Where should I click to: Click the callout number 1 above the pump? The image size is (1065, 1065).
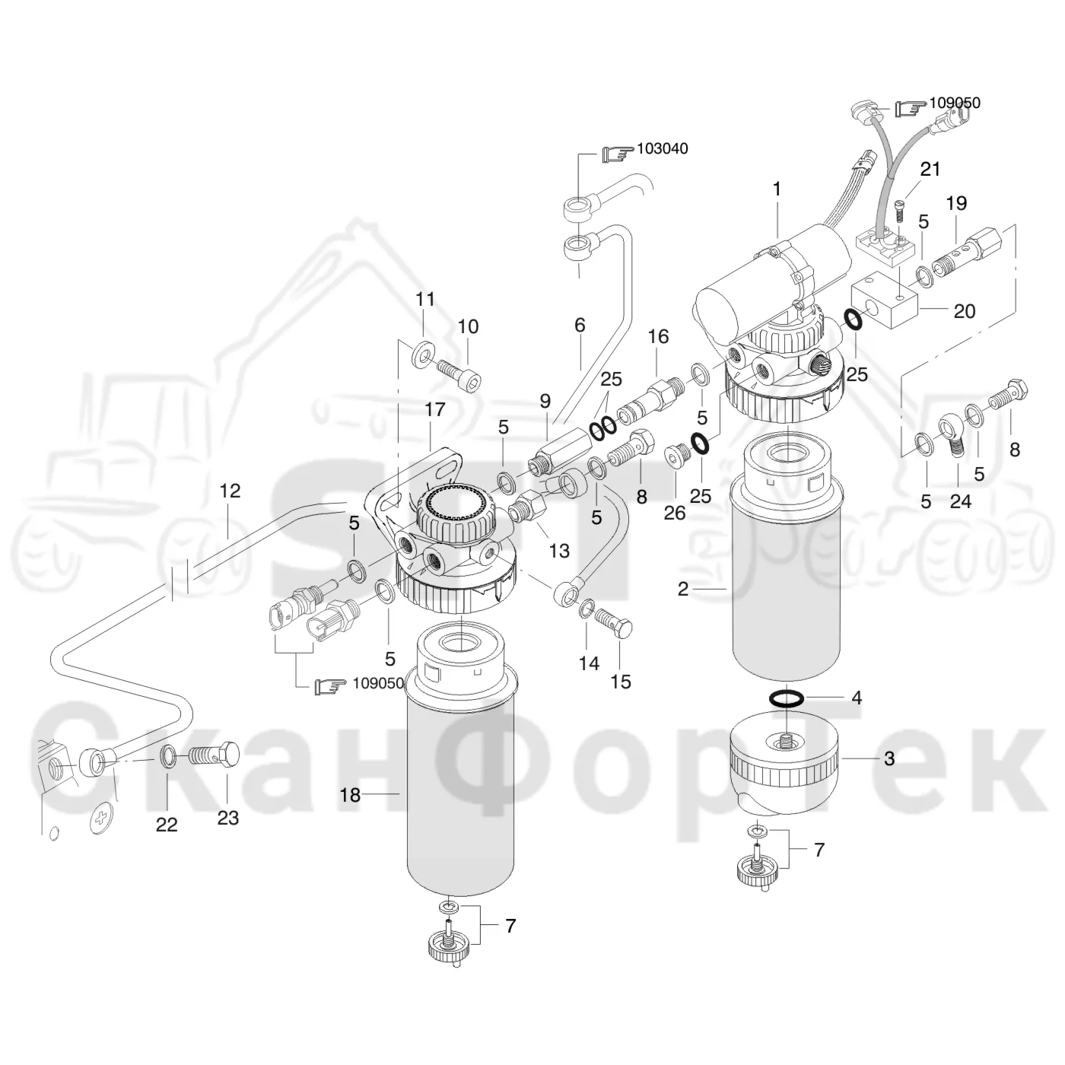(x=777, y=189)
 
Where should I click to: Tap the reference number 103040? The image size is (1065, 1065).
(x=662, y=148)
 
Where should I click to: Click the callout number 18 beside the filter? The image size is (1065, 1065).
(x=351, y=795)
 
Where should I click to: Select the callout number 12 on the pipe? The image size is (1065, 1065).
(x=230, y=491)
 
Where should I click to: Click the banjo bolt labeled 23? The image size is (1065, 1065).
(x=215, y=755)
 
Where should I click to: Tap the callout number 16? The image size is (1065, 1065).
(x=658, y=336)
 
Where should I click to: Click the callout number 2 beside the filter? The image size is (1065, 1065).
(x=683, y=590)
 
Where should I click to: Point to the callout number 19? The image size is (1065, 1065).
(x=957, y=203)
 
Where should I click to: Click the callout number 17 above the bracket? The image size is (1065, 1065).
(x=435, y=409)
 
